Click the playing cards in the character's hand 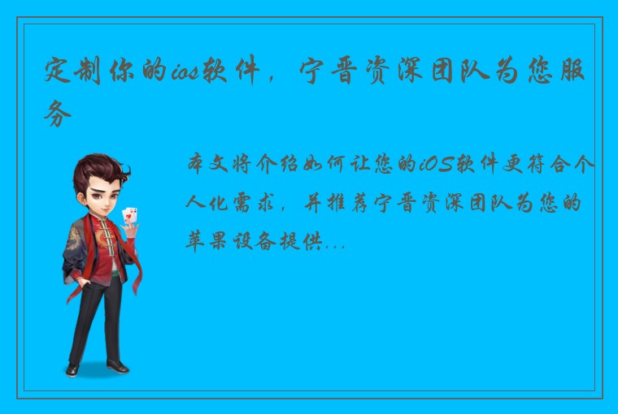[130, 216]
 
